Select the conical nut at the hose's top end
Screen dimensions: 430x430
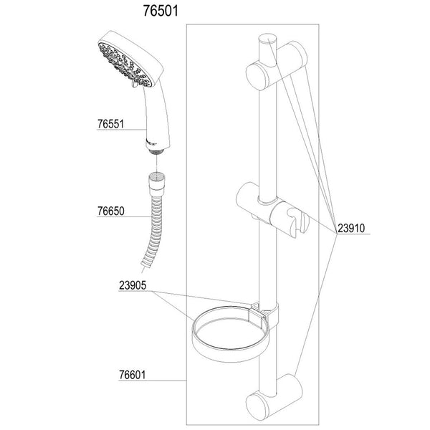tap(154, 178)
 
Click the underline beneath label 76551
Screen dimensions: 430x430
tap(122, 130)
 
